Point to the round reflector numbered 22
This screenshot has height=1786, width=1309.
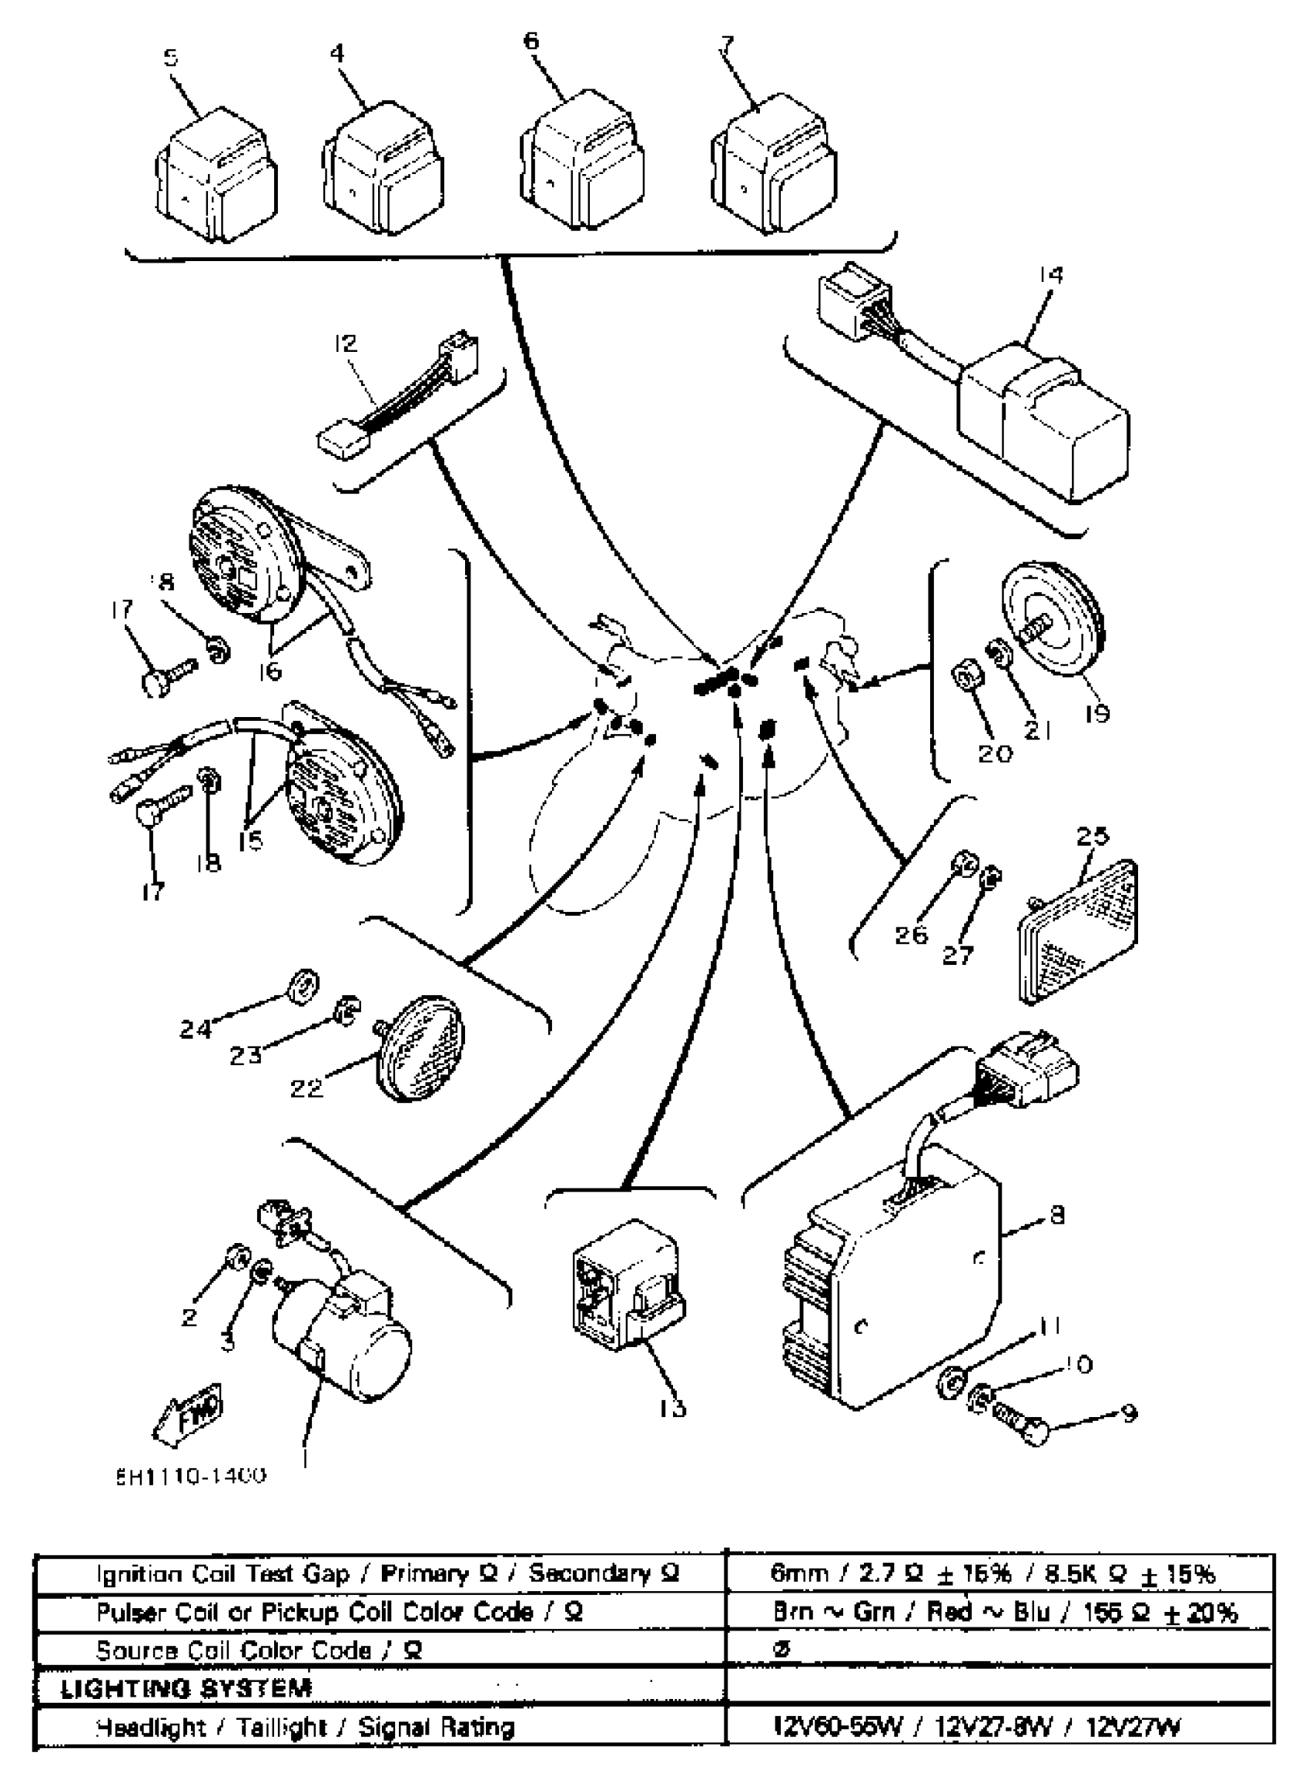point(419,1049)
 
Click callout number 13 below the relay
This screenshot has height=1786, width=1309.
point(671,1408)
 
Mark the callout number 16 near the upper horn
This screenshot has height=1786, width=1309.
point(269,671)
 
